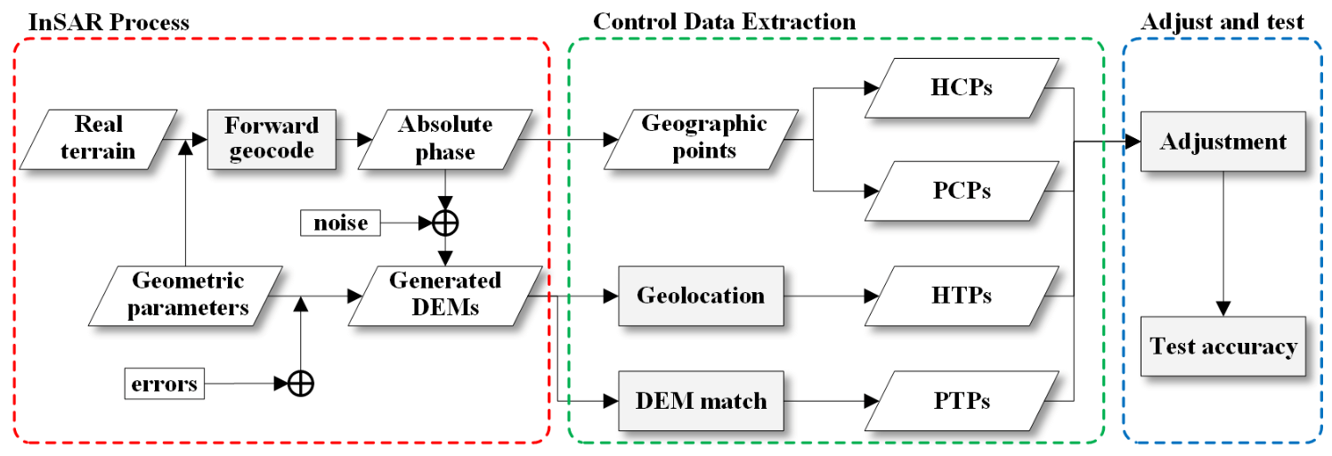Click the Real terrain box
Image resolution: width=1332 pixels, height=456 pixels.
click(99, 139)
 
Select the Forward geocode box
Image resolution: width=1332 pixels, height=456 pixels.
click(272, 139)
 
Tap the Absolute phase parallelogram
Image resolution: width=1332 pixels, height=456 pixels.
click(444, 139)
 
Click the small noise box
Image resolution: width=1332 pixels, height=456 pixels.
click(340, 223)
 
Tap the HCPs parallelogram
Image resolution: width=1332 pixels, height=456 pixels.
click(961, 88)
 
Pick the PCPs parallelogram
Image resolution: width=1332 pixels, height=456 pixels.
click(961, 191)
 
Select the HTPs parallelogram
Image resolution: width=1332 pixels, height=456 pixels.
click(961, 296)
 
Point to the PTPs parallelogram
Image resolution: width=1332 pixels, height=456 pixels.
click(961, 401)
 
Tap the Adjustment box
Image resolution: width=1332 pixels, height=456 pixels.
click(1223, 142)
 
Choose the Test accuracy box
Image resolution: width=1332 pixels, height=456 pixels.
click(1223, 346)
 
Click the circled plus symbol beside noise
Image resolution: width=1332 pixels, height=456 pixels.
click(444, 223)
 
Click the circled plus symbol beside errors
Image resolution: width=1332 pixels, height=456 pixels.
click(301, 384)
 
